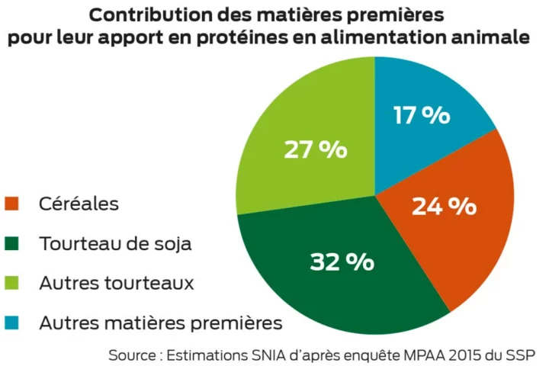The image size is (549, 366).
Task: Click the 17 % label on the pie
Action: coord(421,116)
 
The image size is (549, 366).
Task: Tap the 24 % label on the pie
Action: coord(444,206)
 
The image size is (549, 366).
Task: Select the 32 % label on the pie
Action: coord(342,262)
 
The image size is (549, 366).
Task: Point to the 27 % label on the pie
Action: coord(315,149)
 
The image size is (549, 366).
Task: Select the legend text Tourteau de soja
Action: coord(115,244)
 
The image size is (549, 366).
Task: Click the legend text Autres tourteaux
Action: coord(117,284)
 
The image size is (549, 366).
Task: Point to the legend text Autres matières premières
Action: coord(160,323)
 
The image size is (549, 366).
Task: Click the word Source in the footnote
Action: coord(132,355)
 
